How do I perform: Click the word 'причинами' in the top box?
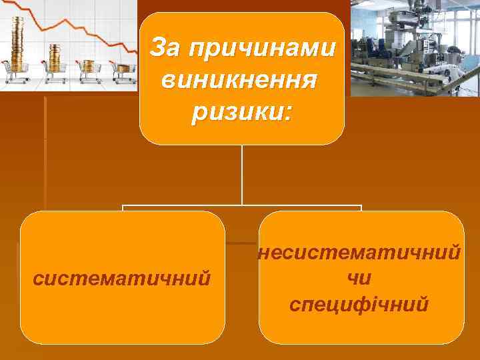point(263,49)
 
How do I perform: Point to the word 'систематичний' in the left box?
point(123,277)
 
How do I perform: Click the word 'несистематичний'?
point(361,253)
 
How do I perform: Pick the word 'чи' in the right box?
point(360,278)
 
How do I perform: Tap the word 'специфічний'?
point(360,303)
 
